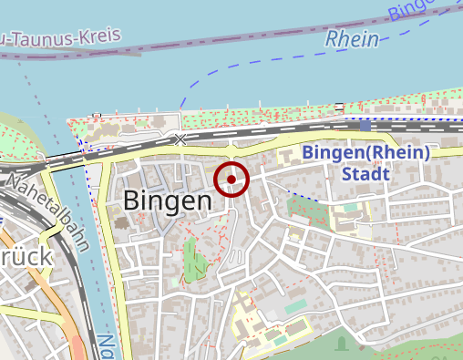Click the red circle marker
point(231,180)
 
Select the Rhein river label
point(352,38)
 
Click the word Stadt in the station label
point(365,174)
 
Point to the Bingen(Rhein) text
point(365,152)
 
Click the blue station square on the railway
point(365,126)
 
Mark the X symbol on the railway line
point(180,139)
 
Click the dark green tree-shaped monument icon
point(341,344)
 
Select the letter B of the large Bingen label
point(132,201)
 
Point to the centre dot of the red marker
point(231,180)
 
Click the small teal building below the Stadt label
point(296,308)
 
